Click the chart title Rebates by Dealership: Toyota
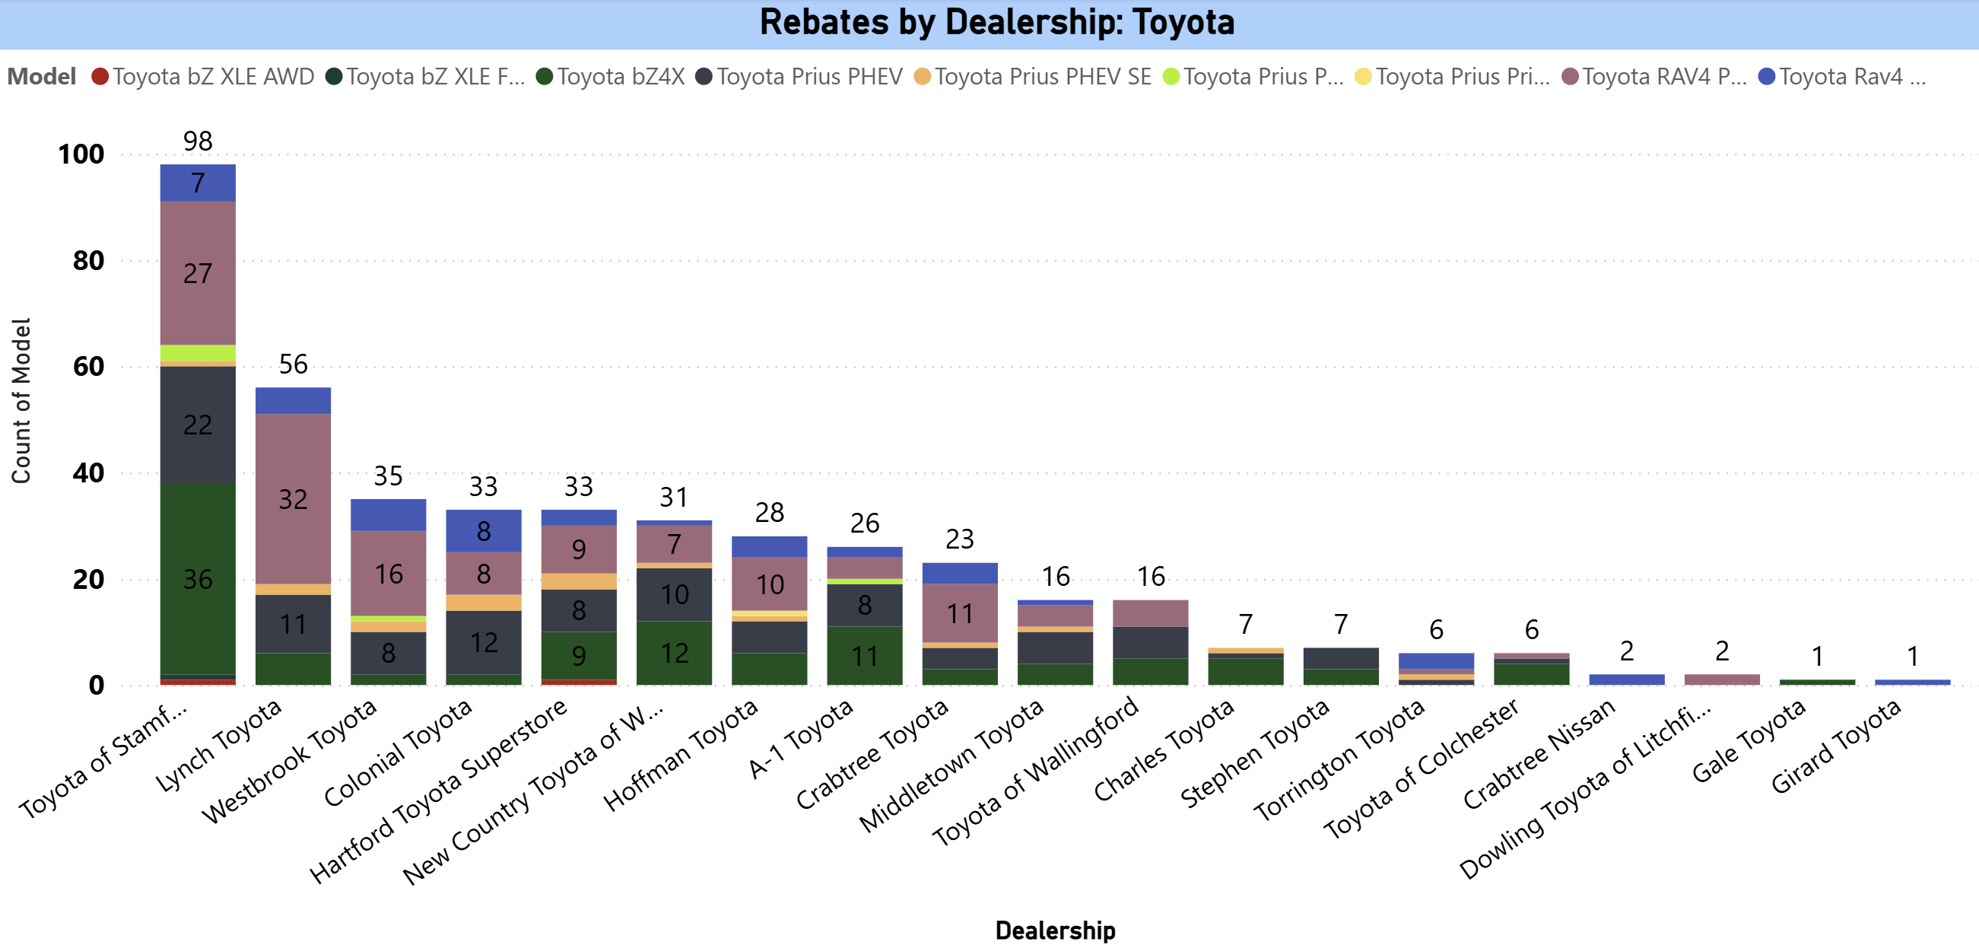click(996, 22)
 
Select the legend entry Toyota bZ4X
click(619, 77)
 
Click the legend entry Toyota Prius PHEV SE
click(1042, 77)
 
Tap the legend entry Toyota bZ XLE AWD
click(213, 77)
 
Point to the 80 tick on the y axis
click(88, 261)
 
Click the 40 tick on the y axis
click(88, 473)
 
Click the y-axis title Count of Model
click(21, 401)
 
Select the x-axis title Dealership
click(1055, 930)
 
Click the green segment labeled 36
click(198, 579)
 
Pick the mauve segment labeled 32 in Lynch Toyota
click(293, 499)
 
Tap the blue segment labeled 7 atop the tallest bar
click(198, 183)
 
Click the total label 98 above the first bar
click(198, 142)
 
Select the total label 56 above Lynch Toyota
click(293, 364)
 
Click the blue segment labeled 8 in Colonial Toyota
click(483, 531)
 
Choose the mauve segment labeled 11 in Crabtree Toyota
click(960, 613)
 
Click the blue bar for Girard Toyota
click(1912, 682)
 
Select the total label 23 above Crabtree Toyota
click(960, 539)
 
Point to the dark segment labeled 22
click(198, 425)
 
